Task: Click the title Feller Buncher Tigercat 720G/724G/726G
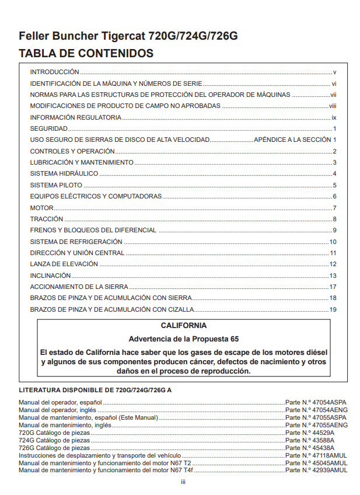(128, 36)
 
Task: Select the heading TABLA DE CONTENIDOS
(86, 54)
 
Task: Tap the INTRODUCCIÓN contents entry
(54, 72)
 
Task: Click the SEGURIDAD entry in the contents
(49, 128)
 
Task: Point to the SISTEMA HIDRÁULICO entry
(64, 173)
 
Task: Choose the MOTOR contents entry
(41, 208)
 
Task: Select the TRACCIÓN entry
(47, 219)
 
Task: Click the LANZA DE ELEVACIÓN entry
(64, 264)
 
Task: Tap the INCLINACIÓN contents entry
(50, 276)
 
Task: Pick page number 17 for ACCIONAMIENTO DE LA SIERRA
(333, 287)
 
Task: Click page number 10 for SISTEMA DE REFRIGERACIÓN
(333, 242)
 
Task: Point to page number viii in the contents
(333, 106)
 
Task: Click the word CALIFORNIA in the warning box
(183, 326)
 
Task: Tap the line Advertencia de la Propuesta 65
(183, 339)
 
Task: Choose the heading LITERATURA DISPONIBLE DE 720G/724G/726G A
(96, 389)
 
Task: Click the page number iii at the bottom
(183, 482)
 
